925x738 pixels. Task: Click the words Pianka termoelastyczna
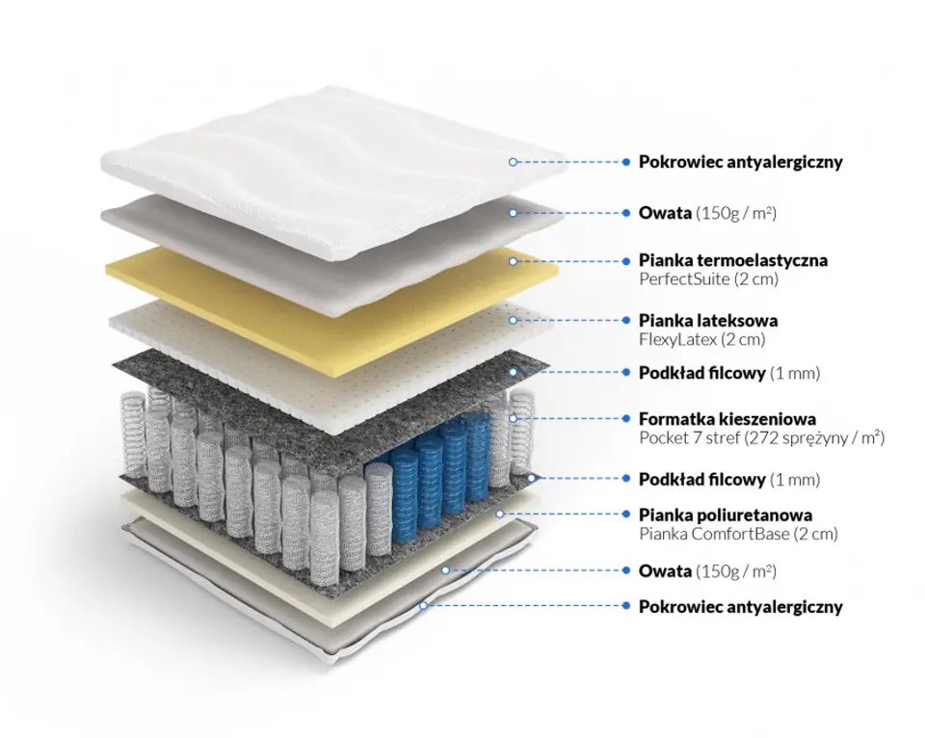click(x=732, y=260)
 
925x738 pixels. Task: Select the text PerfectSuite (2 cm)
click(x=708, y=279)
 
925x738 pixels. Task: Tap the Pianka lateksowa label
click(x=708, y=320)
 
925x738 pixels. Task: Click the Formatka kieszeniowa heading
click(x=727, y=419)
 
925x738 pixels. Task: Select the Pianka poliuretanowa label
click(x=725, y=514)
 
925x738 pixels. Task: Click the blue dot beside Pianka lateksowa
click(x=626, y=320)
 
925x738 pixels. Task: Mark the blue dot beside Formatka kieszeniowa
click(x=626, y=418)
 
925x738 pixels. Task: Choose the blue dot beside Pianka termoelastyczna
click(x=626, y=260)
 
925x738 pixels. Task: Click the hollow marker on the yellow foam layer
click(x=513, y=261)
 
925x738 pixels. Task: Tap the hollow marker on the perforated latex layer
click(x=513, y=320)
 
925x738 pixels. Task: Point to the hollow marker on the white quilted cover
click(x=513, y=162)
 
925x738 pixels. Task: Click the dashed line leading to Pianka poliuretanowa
click(x=563, y=514)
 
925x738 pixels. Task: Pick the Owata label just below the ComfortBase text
click(x=665, y=571)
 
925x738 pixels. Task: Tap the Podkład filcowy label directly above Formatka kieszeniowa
click(x=702, y=373)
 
